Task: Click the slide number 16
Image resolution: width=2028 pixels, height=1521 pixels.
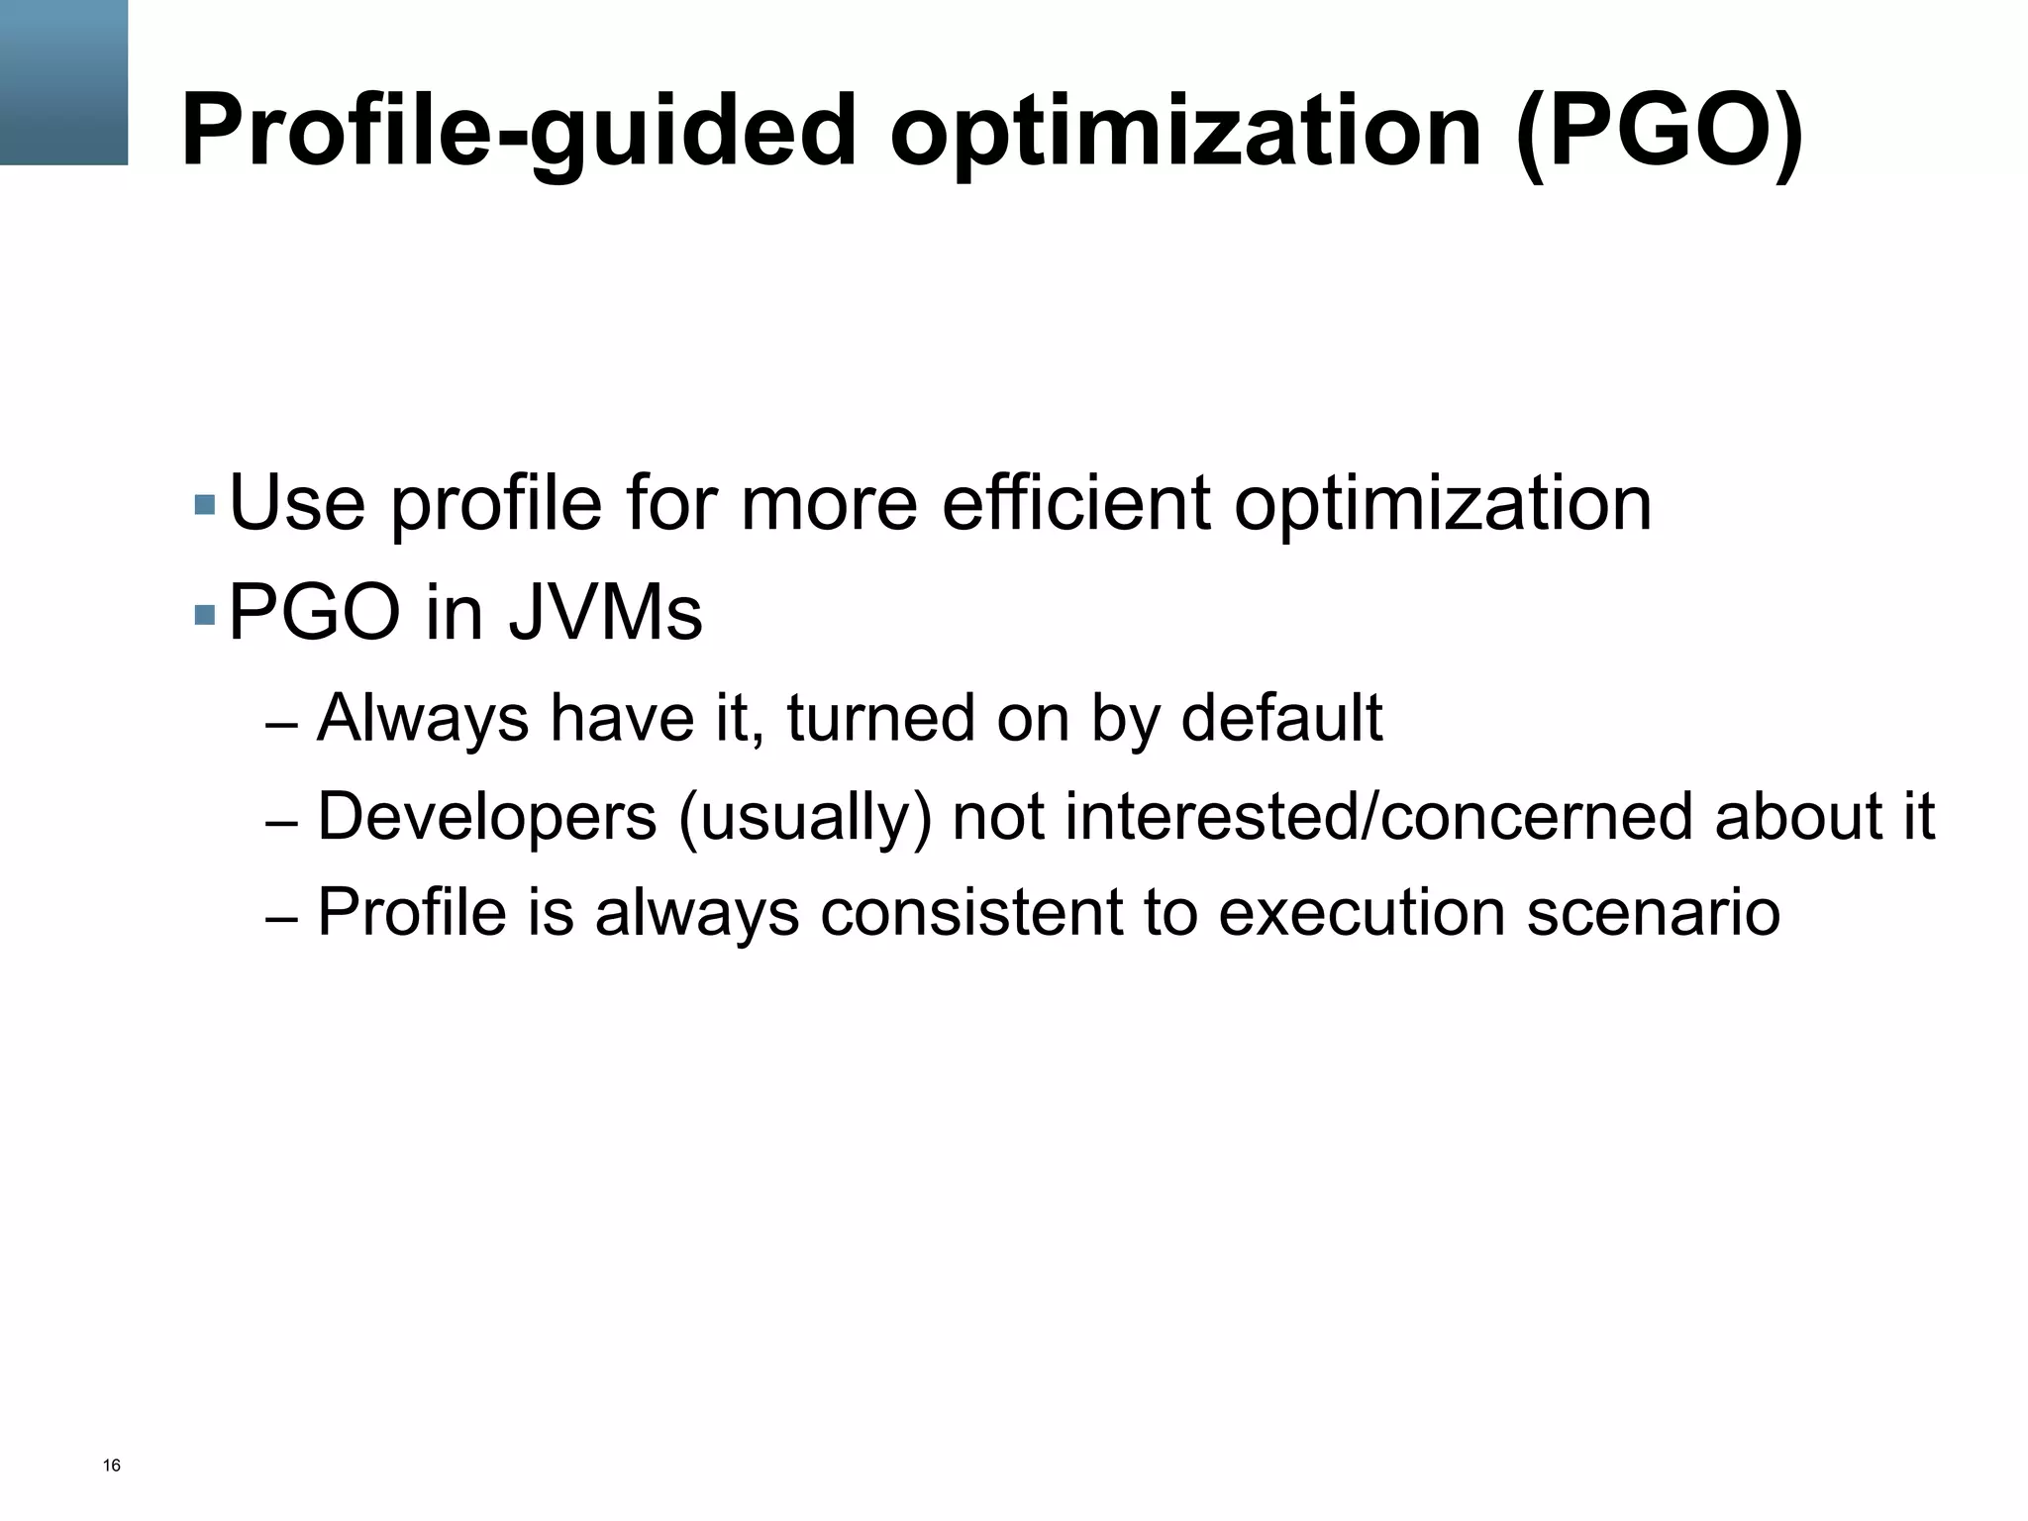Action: pyautogui.click(x=112, y=1466)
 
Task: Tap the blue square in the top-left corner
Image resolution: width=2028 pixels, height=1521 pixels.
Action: pyautogui.click(x=63, y=82)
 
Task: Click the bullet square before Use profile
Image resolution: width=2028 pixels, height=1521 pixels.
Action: pyautogui.click(x=205, y=504)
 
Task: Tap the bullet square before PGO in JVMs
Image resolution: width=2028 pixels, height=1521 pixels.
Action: pyautogui.click(x=205, y=615)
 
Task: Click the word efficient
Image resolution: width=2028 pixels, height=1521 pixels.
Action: pyautogui.click(x=1075, y=503)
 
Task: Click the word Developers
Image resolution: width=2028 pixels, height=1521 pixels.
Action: pyautogui.click(x=486, y=818)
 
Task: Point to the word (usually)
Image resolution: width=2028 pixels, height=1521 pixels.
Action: pyautogui.click(x=804, y=818)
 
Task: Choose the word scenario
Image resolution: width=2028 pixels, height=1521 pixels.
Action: pyautogui.click(x=1653, y=912)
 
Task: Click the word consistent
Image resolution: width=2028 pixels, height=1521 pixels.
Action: pyautogui.click(x=971, y=912)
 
